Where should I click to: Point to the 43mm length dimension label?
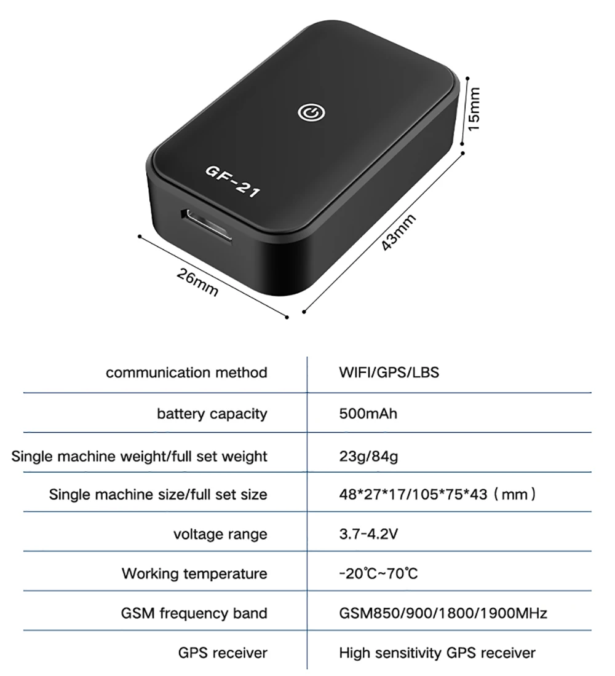(399, 232)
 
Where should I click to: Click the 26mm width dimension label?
(197, 282)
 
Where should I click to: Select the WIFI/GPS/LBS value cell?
(389, 372)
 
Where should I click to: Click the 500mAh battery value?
(368, 413)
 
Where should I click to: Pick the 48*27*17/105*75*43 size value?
(437, 493)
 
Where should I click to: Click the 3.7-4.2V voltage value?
(368, 533)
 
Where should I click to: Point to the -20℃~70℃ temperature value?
(378, 574)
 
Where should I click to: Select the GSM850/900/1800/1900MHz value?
(443, 613)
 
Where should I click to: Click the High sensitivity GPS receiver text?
(437, 653)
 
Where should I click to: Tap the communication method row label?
(186, 372)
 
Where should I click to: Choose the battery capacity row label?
(212, 414)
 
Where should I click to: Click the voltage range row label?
(220, 534)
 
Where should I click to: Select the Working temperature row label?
(194, 574)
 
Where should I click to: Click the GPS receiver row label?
(223, 653)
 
